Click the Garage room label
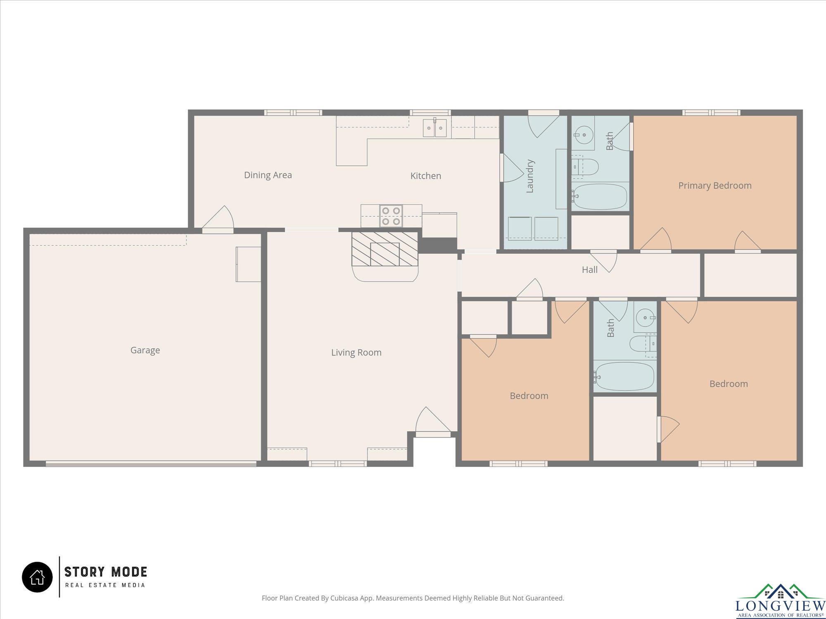145,350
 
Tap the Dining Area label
268,175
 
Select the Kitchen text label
426,176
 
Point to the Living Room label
356,352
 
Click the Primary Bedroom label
715,186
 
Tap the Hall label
590,270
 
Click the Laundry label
530,176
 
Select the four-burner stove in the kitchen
391,216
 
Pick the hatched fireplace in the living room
385,249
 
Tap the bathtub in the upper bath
600,196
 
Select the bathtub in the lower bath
624,376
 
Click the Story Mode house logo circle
37,577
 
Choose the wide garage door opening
151,464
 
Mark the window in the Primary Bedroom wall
711,112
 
